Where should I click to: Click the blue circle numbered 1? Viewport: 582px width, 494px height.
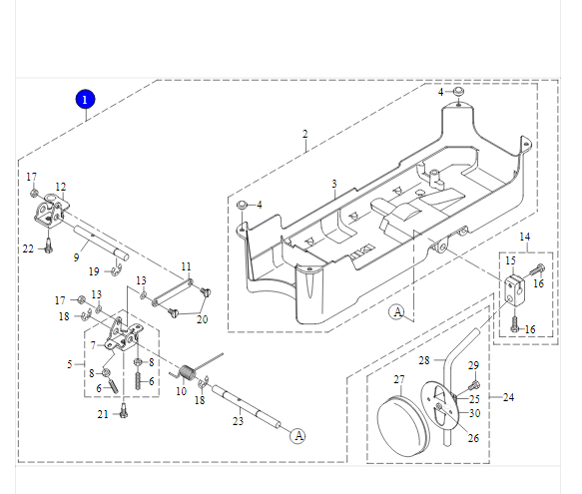(x=85, y=100)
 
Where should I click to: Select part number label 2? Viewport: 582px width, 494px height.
(x=305, y=134)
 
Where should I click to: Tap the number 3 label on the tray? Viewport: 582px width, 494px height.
(x=334, y=184)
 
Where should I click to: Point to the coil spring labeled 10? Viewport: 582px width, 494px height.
(x=188, y=372)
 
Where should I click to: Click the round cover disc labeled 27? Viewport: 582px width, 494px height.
(x=403, y=426)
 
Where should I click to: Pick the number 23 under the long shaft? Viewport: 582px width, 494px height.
(x=238, y=421)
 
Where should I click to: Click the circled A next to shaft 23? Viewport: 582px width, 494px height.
(x=298, y=436)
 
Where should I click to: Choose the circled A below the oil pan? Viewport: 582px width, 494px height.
(x=397, y=311)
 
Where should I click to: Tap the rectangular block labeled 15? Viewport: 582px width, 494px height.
(x=514, y=289)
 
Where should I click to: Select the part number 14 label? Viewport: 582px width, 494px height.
(x=524, y=237)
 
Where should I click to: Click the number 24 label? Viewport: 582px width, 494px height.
(x=508, y=397)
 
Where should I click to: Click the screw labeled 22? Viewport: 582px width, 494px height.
(x=48, y=246)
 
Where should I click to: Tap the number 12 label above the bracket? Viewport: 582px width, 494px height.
(x=61, y=187)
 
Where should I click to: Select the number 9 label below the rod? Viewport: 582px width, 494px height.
(x=76, y=257)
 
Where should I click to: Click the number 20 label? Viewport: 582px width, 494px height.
(x=202, y=319)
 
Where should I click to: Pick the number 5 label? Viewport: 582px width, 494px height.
(x=70, y=364)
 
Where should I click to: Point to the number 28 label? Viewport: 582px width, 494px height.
(x=424, y=360)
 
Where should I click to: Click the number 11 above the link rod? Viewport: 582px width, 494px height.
(x=186, y=266)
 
